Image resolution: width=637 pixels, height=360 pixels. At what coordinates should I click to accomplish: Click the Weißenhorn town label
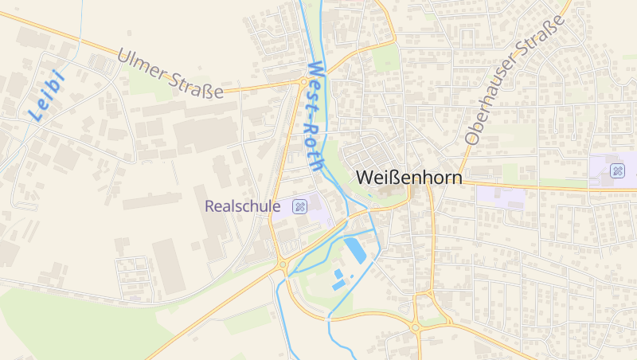pyautogui.click(x=409, y=178)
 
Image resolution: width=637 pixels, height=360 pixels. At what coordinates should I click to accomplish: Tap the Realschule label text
pyautogui.click(x=243, y=206)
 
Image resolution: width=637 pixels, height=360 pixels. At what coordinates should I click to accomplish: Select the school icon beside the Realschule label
pyautogui.click(x=299, y=206)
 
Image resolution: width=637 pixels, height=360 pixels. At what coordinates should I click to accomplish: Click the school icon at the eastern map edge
pyautogui.click(x=618, y=170)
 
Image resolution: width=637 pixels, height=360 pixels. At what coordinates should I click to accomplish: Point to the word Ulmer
pyautogui.click(x=143, y=67)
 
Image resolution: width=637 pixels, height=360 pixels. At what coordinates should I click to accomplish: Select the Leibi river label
pyautogui.click(x=46, y=96)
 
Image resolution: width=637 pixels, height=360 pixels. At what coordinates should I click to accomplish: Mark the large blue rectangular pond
pyautogui.click(x=356, y=249)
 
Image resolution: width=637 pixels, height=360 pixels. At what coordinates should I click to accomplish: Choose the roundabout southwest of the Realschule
pyautogui.click(x=283, y=265)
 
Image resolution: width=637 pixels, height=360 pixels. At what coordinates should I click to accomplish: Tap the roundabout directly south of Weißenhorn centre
pyautogui.click(x=415, y=326)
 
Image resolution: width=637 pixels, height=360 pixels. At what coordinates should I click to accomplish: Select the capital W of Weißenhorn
pyautogui.click(x=365, y=178)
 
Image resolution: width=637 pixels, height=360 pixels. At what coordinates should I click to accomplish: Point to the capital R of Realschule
pyautogui.click(x=210, y=206)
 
